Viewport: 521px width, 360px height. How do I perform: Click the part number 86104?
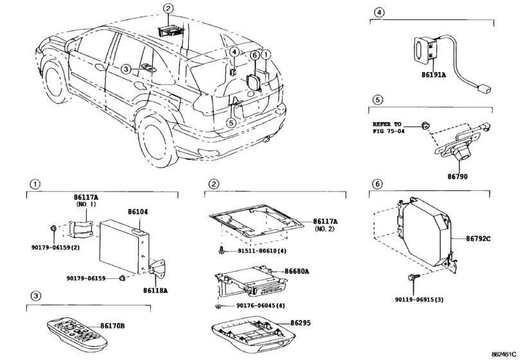tap(138, 212)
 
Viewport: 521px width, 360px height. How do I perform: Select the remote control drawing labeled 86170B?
tap(77, 333)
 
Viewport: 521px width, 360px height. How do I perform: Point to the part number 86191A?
tap(434, 75)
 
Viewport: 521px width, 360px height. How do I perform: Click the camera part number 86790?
tap(457, 177)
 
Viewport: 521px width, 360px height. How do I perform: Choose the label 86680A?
tap(296, 271)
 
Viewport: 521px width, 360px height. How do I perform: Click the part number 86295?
tap(301, 323)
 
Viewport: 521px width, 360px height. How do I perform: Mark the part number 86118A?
tap(155, 291)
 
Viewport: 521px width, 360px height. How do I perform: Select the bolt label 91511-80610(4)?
tap(262, 251)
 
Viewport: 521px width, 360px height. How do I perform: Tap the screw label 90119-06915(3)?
tap(419, 300)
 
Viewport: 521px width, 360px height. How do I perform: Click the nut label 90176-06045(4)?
tap(261, 305)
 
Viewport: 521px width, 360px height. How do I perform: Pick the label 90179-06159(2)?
tap(55, 248)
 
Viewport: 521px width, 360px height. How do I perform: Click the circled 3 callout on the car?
tap(126, 69)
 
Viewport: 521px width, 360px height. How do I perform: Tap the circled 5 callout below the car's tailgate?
tap(231, 123)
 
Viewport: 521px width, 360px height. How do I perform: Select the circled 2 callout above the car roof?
tap(168, 8)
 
